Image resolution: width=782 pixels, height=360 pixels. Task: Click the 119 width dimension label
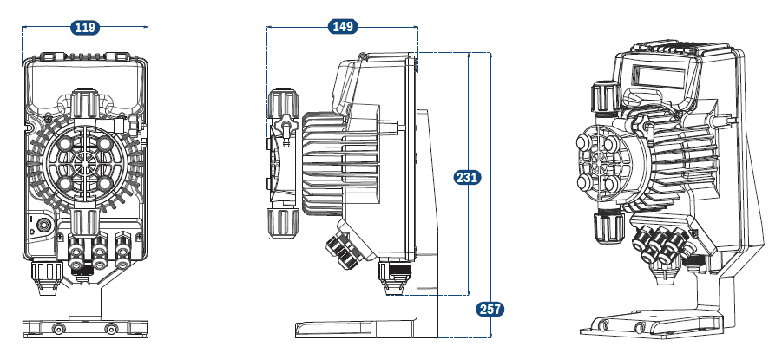point(84,28)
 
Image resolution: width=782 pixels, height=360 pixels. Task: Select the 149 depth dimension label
point(343,27)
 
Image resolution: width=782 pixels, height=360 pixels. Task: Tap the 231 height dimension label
point(467,178)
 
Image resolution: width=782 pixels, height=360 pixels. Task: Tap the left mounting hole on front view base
point(59,329)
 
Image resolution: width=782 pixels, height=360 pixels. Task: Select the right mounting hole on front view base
point(110,329)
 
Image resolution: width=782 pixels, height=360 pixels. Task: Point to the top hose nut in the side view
point(282,105)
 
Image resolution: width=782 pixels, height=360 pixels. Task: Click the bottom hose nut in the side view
point(283,225)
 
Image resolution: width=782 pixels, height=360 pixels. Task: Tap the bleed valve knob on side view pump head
point(282,129)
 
